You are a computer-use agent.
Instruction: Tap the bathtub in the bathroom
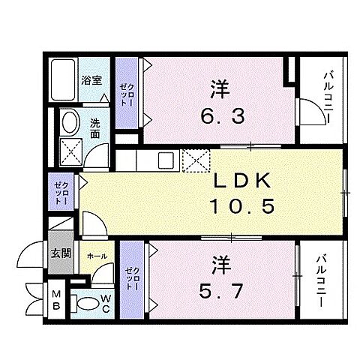[64, 79]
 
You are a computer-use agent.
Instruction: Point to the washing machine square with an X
[70, 152]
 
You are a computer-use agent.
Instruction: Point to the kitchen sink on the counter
[166, 157]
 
